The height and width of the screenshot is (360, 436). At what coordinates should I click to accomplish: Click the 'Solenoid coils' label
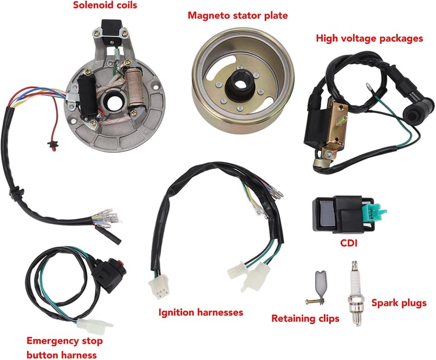point(105,5)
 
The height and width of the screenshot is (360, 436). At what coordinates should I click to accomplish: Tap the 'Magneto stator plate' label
point(238,16)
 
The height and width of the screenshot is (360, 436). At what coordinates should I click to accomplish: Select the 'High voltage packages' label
point(370,39)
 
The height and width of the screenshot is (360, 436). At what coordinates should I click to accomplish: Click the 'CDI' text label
point(349,243)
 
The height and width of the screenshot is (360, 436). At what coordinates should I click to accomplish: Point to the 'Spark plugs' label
point(399,303)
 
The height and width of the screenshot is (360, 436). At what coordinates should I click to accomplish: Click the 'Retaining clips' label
point(305,319)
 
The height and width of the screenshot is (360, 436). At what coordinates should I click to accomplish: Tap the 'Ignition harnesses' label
point(201,313)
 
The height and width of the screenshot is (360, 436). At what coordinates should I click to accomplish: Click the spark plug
point(355,293)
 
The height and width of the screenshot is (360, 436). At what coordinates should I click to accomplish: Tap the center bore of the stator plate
point(111,103)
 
